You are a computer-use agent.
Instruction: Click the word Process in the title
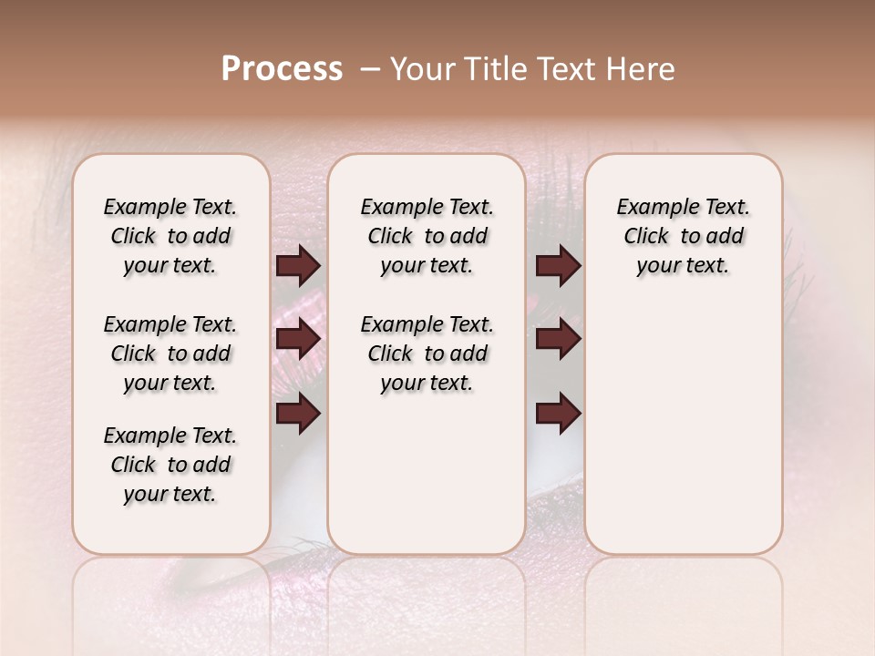coord(282,69)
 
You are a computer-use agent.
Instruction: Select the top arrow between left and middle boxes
coord(298,266)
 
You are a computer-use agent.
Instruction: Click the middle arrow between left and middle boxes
coord(298,340)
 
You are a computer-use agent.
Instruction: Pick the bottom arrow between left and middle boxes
coord(298,414)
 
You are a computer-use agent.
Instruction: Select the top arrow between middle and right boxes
coord(558,266)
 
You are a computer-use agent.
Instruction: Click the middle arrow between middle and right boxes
coord(558,340)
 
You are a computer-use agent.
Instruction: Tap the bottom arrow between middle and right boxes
coord(558,414)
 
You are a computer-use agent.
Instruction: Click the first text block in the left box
coord(170,236)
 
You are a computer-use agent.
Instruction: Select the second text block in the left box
coord(170,354)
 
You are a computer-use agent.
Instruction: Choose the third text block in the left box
coord(170,465)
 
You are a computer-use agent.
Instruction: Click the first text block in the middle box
coord(427,236)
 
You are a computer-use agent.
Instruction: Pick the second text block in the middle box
coord(427,354)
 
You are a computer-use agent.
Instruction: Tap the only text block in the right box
coord(683,236)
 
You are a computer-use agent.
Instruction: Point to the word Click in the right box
coord(646,236)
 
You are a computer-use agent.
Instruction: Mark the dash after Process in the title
coord(370,69)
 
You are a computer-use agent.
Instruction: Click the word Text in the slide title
coord(558,69)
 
